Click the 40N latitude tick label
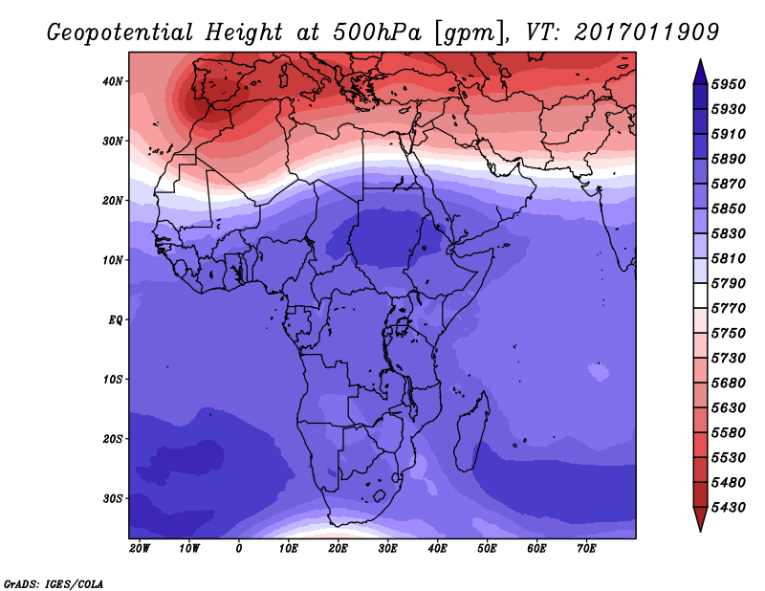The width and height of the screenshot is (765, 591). (x=112, y=81)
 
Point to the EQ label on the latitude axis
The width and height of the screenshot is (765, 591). (x=115, y=320)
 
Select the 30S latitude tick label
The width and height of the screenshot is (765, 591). (x=112, y=499)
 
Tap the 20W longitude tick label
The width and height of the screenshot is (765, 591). (x=140, y=549)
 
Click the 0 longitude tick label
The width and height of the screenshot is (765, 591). (x=238, y=549)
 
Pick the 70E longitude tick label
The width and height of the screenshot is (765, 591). (x=586, y=549)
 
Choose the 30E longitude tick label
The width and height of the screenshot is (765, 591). (x=387, y=549)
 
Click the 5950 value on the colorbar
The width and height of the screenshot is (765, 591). (x=729, y=84)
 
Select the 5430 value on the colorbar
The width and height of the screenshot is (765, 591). (x=729, y=508)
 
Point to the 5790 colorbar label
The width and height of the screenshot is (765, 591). (x=729, y=283)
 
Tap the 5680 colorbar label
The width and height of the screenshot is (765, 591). (x=729, y=383)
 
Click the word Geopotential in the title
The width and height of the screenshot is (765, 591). (x=120, y=33)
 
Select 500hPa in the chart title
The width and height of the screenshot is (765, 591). (x=377, y=33)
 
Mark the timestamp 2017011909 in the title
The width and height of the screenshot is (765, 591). (x=646, y=33)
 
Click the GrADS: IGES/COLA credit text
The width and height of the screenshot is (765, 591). (x=54, y=584)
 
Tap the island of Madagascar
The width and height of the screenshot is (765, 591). (x=470, y=432)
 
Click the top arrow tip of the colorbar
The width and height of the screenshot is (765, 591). (x=700, y=59)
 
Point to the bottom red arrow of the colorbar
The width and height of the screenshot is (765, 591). (x=700, y=518)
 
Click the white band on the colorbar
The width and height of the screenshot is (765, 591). (x=700, y=295)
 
